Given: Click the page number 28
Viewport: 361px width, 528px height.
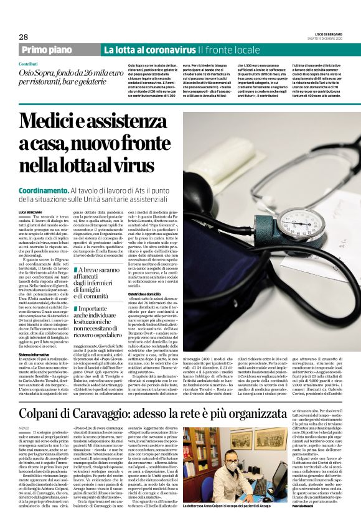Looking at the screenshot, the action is pyautogui.click(x=23, y=37).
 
